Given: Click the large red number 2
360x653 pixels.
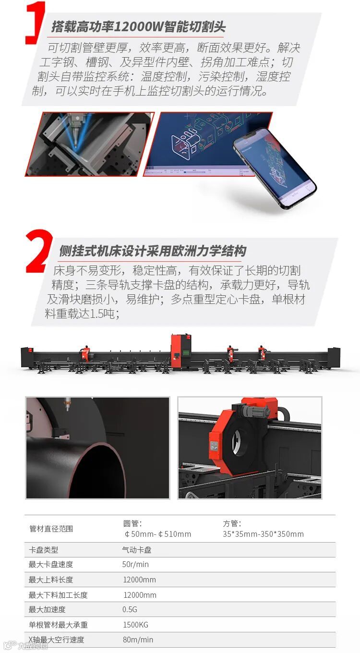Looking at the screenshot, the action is point(39,251).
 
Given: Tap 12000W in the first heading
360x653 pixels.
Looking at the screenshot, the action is point(138,27).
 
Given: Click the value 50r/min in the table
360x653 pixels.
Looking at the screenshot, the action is point(135,564).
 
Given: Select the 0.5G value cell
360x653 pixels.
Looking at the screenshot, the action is point(130,609).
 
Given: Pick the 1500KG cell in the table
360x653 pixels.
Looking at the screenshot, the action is point(135,625).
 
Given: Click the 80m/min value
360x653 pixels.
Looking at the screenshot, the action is point(138,640).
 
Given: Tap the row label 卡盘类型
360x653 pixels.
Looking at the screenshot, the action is point(43,550).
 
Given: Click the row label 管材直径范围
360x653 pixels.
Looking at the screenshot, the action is point(51,529).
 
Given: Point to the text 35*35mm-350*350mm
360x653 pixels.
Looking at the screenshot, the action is point(263,534).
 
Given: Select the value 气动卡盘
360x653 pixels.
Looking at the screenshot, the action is point(137,550).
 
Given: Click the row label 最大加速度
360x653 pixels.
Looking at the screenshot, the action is point(47,609).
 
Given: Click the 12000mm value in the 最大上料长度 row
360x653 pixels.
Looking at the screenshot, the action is point(139,580).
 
